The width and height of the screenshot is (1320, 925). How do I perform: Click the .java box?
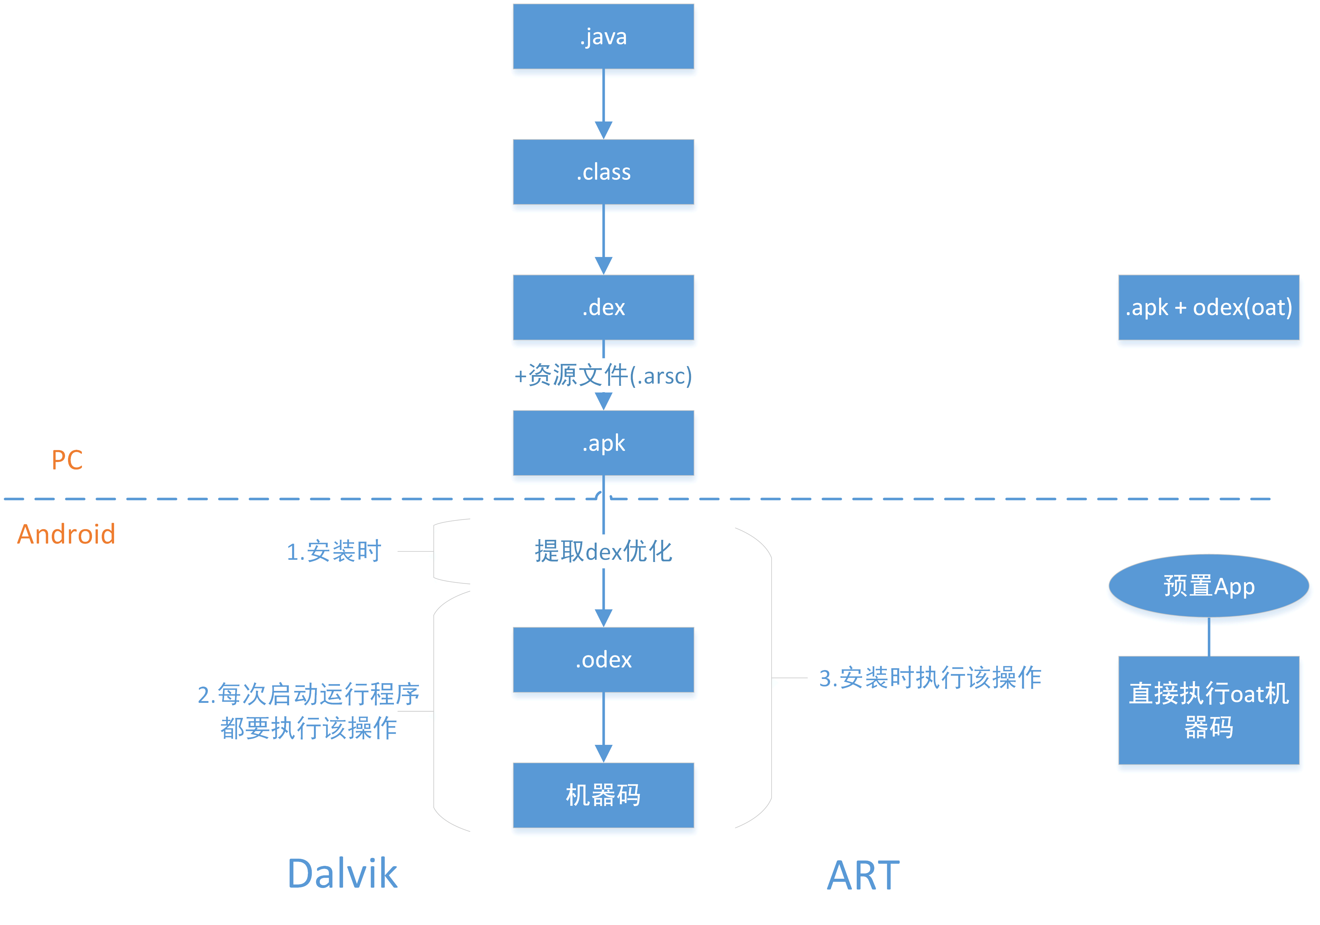click(603, 36)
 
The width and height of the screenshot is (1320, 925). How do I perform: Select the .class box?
click(603, 172)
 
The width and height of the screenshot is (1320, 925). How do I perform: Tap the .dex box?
click(603, 307)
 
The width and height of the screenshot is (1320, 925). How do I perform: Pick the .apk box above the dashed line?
click(603, 443)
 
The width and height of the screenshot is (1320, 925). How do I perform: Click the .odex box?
click(603, 660)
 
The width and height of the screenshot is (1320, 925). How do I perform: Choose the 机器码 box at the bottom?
click(603, 795)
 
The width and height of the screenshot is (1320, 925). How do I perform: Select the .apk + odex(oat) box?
click(1208, 307)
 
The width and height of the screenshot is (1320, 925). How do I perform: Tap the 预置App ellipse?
click(1208, 586)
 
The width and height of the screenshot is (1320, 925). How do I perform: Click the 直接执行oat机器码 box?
click(1208, 710)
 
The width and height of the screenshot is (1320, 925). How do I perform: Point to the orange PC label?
click(67, 460)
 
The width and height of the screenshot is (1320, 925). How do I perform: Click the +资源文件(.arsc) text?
click(603, 375)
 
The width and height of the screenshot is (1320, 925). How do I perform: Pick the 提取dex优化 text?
click(603, 551)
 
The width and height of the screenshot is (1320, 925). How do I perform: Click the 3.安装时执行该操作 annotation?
click(930, 677)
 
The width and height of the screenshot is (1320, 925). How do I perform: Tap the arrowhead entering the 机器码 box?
click(603, 754)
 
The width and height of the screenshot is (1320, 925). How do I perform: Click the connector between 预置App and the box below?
click(1208, 637)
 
